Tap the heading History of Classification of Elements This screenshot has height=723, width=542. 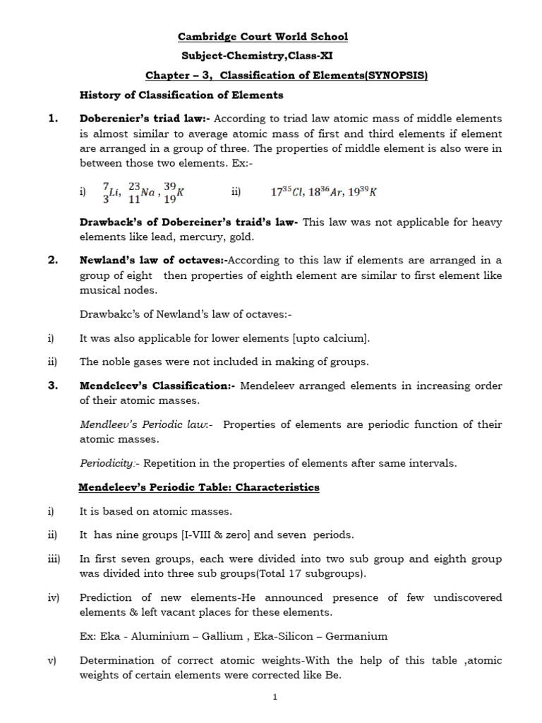[181, 95]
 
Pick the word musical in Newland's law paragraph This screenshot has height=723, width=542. [102, 290]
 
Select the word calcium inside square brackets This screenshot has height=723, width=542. [342, 339]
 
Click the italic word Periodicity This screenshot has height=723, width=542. [107, 463]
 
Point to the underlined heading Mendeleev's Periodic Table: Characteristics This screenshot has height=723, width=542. [199, 487]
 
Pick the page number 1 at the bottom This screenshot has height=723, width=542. [275, 697]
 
